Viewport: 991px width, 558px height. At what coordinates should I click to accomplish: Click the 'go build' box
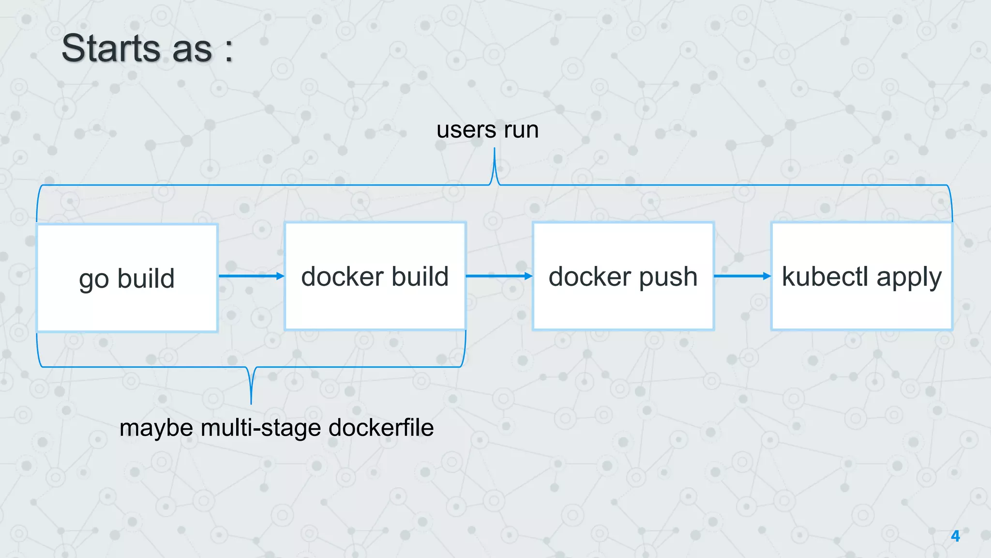[127, 278]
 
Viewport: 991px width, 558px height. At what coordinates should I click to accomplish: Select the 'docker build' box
[375, 276]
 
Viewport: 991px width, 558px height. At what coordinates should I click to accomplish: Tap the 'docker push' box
[623, 276]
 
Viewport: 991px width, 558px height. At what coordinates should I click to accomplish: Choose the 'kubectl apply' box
[861, 276]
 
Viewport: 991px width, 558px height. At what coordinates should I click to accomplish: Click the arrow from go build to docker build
[251, 276]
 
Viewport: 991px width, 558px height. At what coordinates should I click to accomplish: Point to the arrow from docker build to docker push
[499, 276]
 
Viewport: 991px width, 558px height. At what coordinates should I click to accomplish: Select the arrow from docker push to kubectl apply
[742, 276]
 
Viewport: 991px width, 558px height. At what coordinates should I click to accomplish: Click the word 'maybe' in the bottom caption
[156, 428]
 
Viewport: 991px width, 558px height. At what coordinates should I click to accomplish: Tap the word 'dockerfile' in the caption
[381, 428]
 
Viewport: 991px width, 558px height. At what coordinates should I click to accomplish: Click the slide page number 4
[955, 536]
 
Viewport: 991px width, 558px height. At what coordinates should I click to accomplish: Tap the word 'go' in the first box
[94, 280]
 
